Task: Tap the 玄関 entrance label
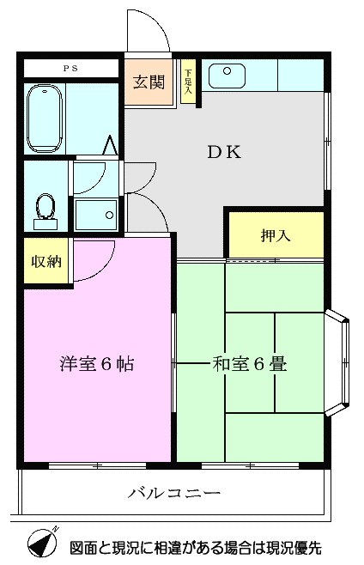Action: [x=149, y=82]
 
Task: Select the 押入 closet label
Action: [x=275, y=234]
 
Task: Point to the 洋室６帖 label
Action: [x=96, y=363]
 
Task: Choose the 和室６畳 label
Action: [x=249, y=363]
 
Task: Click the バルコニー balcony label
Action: [x=175, y=494]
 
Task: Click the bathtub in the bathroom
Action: [x=44, y=118]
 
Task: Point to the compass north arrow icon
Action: [x=40, y=543]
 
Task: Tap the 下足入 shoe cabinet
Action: [x=189, y=82]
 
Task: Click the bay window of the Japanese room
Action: [x=339, y=364]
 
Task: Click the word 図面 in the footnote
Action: [x=83, y=547]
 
